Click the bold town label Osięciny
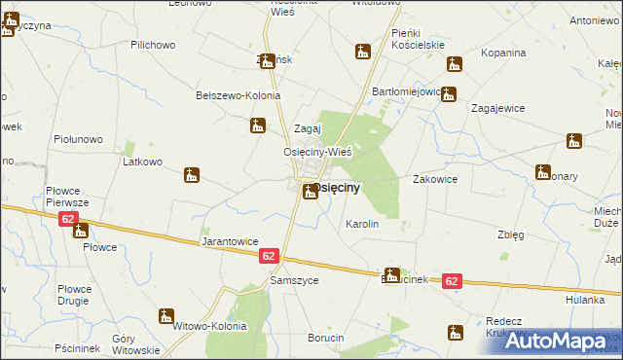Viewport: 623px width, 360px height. [x=337, y=186]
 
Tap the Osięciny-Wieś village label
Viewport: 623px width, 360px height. [x=316, y=152]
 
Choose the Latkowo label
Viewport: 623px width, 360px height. [x=142, y=162]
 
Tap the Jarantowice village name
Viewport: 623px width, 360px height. [x=229, y=240]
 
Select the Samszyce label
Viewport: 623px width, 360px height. [x=293, y=280]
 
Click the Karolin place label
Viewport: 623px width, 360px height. [x=362, y=224]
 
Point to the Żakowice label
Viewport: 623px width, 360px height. [x=435, y=179]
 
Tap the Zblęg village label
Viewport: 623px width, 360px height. [x=511, y=234]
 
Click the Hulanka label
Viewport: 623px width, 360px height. [x=585, y=301]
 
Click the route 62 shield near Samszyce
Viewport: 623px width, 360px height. [x=270, y=256]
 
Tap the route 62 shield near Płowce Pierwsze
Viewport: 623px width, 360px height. [x=67, y=219]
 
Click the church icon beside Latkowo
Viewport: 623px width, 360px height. [x=192, y=176]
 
